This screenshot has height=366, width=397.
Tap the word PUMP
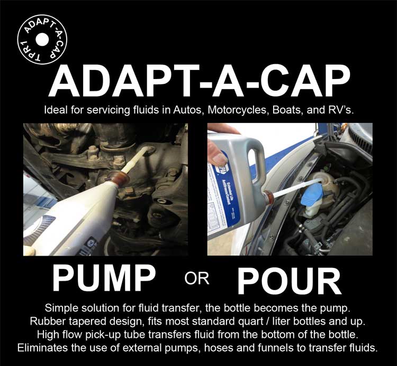pos(104,280)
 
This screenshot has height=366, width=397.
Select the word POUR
pos(288,280)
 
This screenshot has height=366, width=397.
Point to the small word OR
pos(196,279)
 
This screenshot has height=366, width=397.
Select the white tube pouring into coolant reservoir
pos(294,190)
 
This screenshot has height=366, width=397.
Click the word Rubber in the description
pos(65,321)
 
